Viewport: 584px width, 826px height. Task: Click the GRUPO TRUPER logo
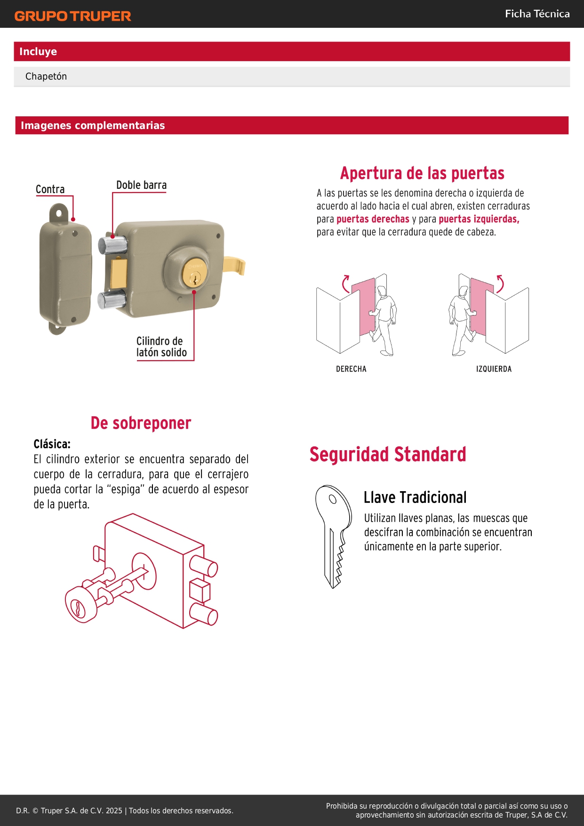coord(72,16)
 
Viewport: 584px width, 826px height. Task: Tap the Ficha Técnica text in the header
coord(537,14)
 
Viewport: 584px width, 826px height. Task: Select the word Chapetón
coord(46,76)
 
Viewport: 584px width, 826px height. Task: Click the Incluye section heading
coord(38,51)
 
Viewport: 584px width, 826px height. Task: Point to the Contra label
coord(50,189)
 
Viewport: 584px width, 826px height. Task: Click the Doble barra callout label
coord(142,185)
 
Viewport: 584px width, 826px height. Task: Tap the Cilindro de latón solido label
coord(161,347)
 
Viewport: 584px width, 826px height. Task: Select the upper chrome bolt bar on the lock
coord(112,245)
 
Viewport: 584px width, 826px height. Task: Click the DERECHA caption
coord(351,369)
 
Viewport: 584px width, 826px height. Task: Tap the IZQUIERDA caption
coord(494,369)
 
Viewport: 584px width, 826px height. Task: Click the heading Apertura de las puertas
coord(422,173)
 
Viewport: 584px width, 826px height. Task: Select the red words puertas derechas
coord(373,219)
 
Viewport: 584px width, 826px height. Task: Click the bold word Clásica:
coord(52,444)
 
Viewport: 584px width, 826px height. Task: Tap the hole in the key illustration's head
coord(332,499)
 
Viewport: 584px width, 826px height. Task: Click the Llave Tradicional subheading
coord(415,497)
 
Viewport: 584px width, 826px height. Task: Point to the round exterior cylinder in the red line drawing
coord(81,605)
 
